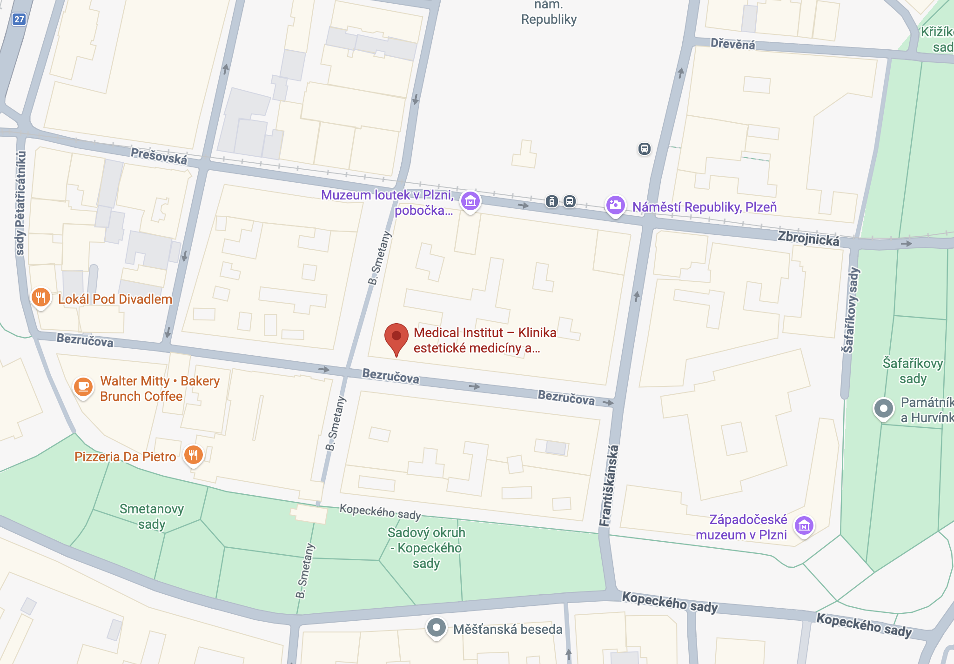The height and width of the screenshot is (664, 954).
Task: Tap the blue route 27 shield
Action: [19, 19]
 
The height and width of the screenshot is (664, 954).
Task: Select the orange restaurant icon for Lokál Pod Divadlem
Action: [40, 297]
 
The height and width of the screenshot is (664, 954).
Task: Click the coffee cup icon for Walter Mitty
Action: [83, 386]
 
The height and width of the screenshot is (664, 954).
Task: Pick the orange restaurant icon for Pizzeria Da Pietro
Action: [194, 454]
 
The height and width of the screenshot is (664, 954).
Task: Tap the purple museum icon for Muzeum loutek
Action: [470, 201]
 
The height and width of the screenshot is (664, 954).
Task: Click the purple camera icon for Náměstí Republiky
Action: [615, 205]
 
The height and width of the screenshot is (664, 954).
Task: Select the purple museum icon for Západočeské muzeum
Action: [804, 525]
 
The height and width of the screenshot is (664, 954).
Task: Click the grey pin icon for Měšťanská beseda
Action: [436, 628]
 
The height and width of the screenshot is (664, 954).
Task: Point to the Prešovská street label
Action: [159, 156]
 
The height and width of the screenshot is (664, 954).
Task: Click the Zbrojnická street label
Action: [809, 238]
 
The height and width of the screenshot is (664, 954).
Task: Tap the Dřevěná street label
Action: [732, 44]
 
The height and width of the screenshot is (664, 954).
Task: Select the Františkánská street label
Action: [610, 486]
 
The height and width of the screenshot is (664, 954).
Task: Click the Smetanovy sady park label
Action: [151, 516]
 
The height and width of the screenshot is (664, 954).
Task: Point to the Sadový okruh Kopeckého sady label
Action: [426, 547]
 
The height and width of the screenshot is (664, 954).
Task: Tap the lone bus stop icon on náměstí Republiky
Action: [644, 149]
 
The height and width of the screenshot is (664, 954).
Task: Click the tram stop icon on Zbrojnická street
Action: [551, 201]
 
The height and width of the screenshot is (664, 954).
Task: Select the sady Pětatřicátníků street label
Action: [20, 203]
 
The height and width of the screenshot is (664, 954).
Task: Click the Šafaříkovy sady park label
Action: [913, 371]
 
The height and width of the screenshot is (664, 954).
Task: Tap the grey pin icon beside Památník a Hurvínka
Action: [883, 409]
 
